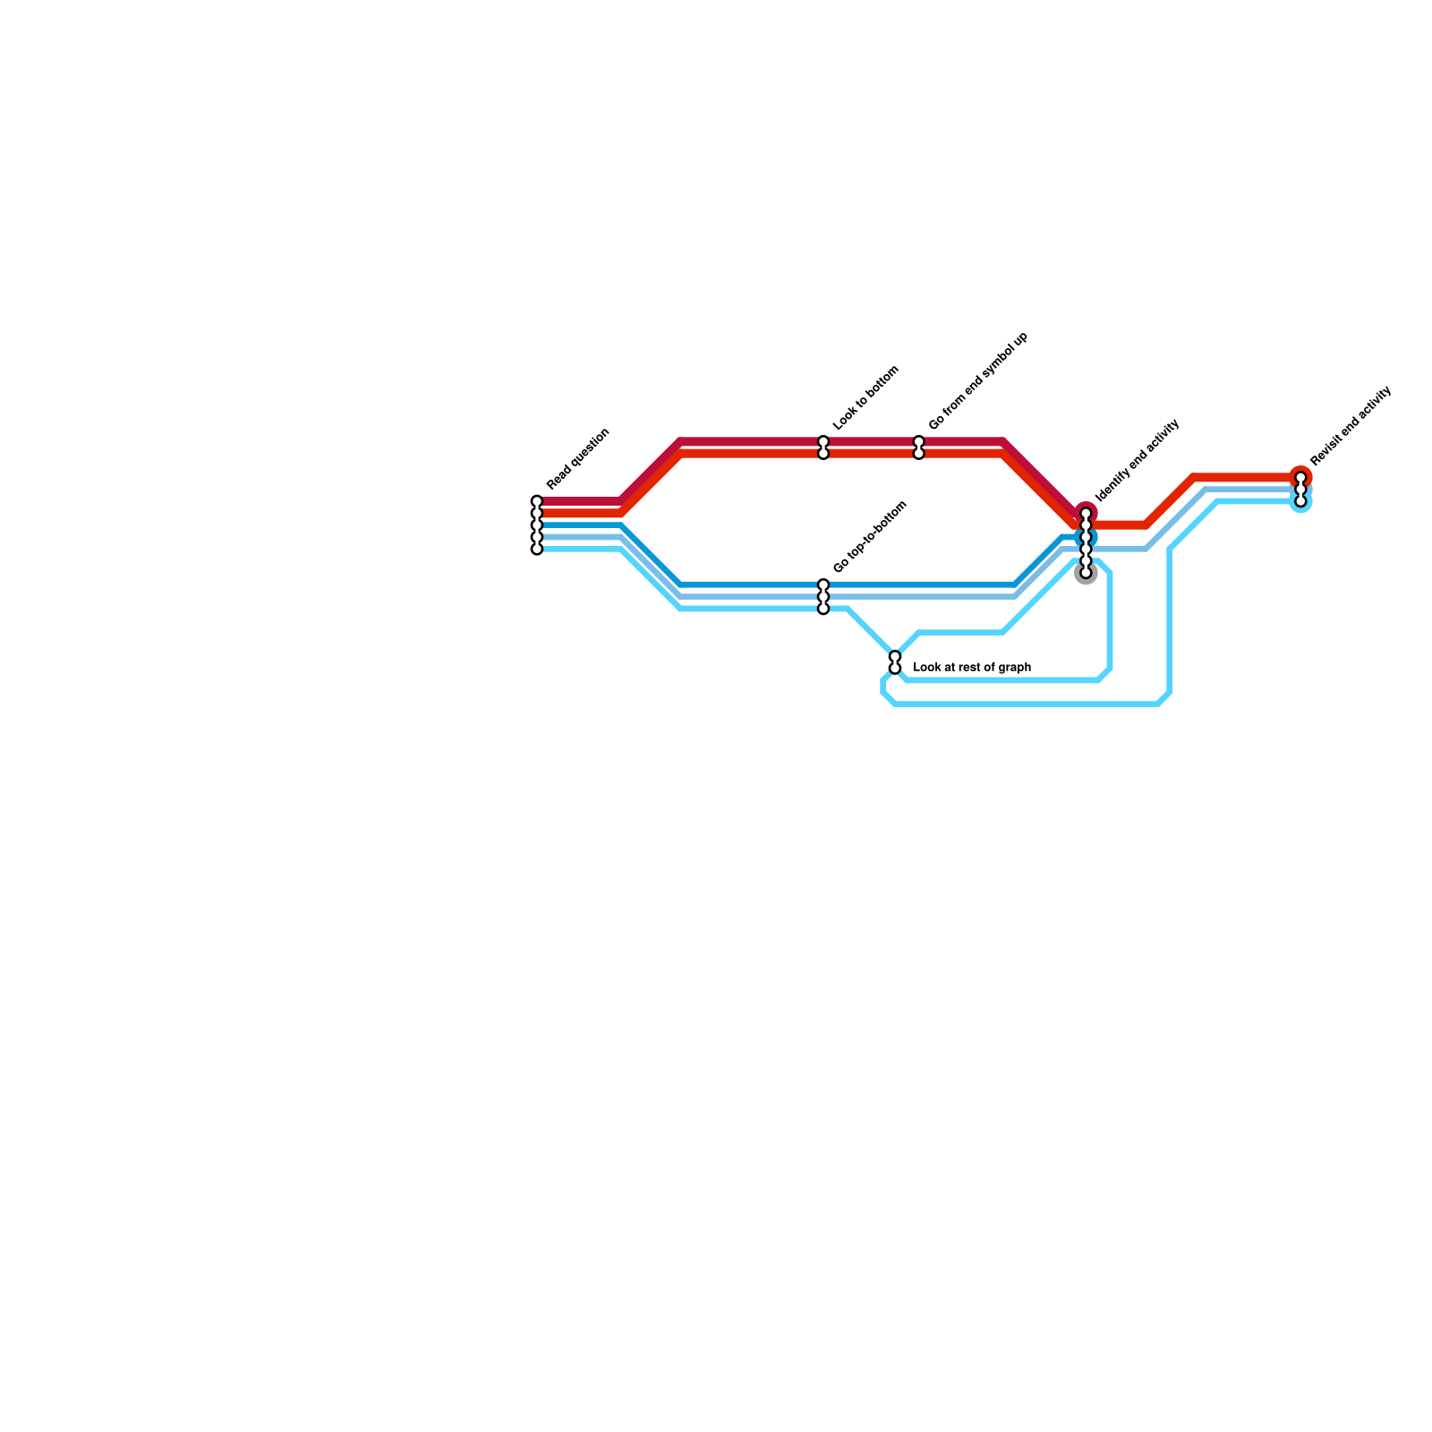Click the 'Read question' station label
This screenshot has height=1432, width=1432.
pos(578,460)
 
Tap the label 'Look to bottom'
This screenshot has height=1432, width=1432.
pos(865,399)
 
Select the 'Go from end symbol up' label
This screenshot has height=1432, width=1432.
pos(978,381)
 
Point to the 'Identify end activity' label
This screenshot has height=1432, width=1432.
pos(1138,460)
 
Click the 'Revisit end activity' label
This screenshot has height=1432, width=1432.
pos(1351,426)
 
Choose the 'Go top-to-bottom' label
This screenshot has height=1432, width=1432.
pos(870,537)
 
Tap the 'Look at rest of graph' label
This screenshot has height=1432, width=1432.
pos(972,668)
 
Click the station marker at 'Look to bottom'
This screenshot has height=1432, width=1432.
pos(823,447)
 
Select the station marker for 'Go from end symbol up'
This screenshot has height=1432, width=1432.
pos(918,447)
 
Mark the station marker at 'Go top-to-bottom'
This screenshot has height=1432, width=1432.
pos(823,597)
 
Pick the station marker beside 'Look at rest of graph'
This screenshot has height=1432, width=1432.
pos(895,662)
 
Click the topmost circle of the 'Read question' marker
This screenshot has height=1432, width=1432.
pos(537,501)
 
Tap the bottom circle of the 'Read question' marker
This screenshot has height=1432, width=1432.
pos(537,549)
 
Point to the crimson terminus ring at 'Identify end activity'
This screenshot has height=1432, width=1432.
pos(1087,511)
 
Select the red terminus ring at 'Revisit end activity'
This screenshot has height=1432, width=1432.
pos(1301,476)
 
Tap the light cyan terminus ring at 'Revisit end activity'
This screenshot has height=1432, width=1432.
pos(1301,503)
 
